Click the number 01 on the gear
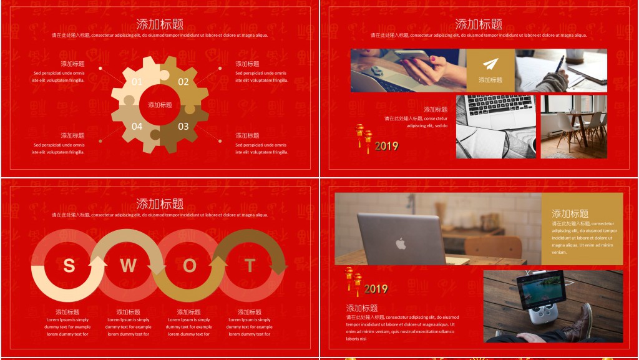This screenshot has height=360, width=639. point(137,82)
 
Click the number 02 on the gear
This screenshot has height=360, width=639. point(183,82)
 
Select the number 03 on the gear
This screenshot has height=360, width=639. point(183,126)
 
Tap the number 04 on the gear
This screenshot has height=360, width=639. point(137,126)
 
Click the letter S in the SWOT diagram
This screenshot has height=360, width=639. point(69,266)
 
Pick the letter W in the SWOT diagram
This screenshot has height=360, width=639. point(128,266)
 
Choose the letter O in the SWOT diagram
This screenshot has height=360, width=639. point(189,266)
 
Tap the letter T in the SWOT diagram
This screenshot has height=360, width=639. point(250,266)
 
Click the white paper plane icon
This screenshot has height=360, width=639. point(490,64)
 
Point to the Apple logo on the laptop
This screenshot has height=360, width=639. point(401,243)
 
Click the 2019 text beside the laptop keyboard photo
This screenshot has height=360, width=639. point(387,146)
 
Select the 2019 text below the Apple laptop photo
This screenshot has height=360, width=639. point(376,289)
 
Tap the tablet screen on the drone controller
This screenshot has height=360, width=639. point(540,290)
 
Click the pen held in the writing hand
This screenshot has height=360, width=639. point(559,65)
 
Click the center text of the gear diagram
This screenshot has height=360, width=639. point(160,105)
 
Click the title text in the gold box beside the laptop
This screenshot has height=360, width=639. point(570,213)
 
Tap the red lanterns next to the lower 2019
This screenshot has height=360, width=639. point(353,281)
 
